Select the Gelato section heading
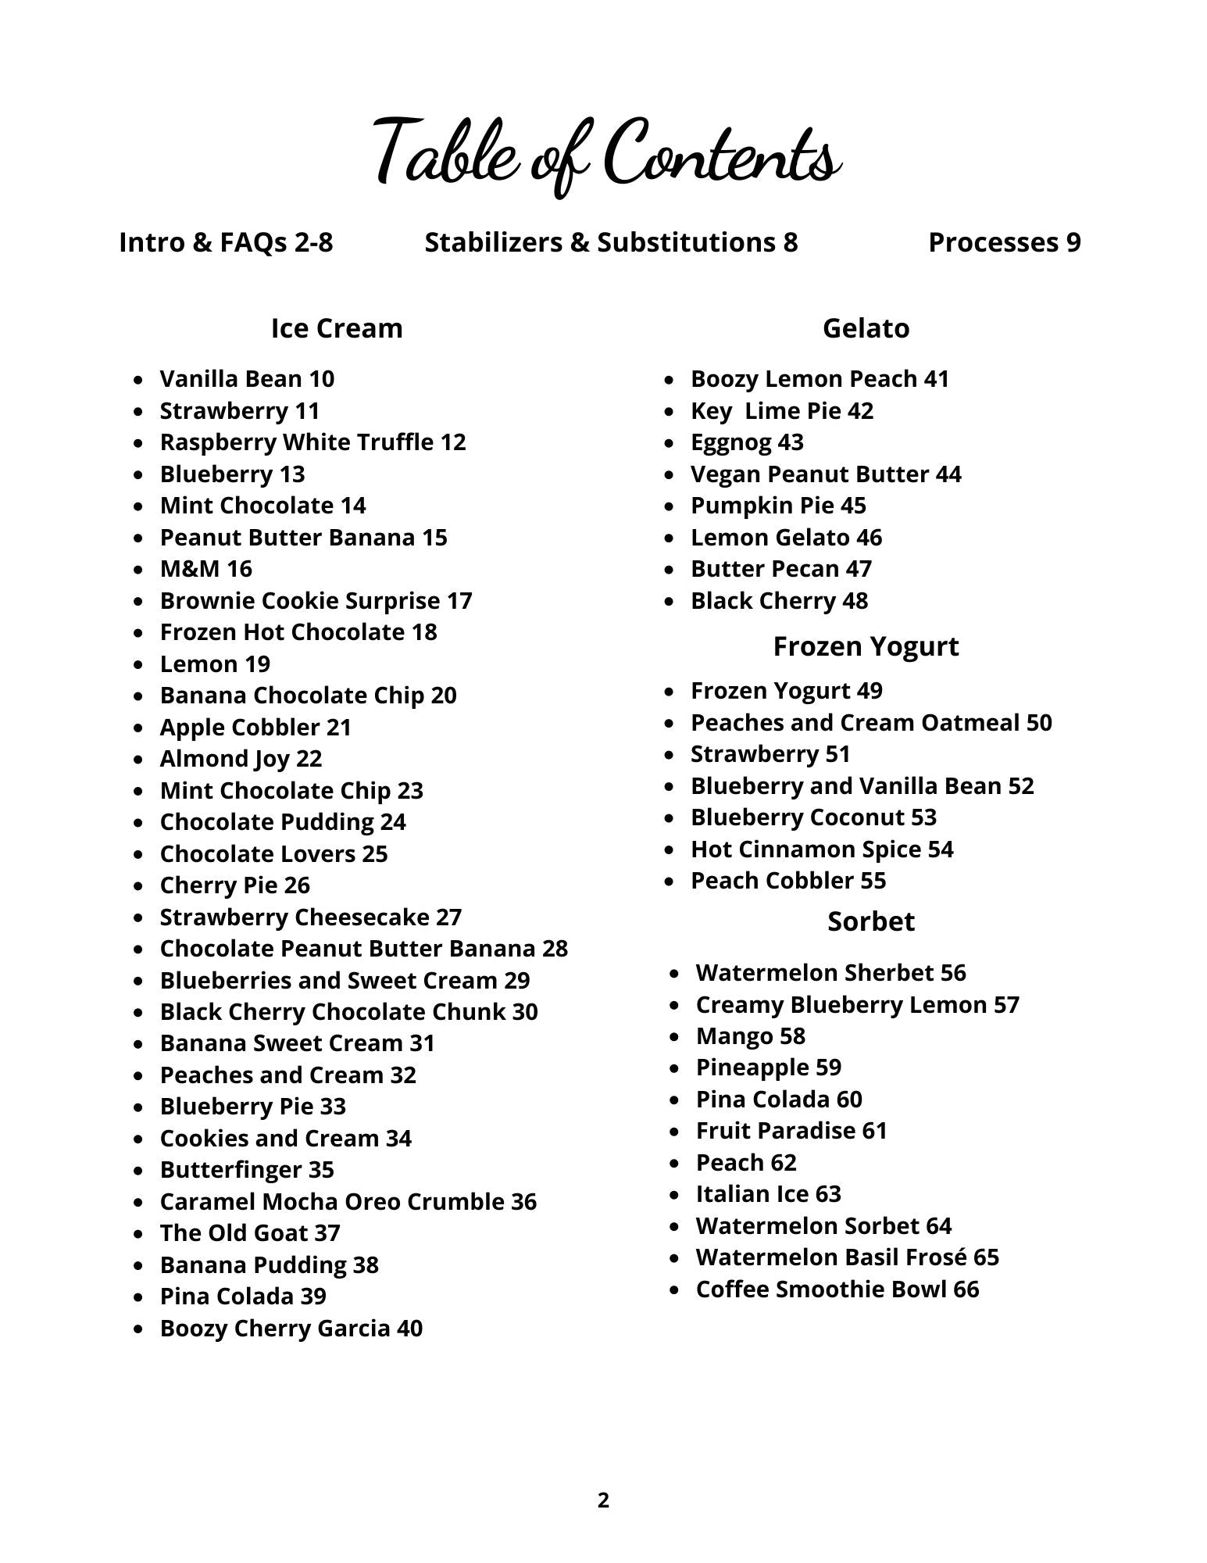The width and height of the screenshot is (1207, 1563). coord(866,328)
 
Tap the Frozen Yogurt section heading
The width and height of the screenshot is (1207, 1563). coord(866,646)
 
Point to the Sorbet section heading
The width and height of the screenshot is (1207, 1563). coord(870,921)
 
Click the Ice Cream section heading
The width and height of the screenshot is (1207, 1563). coord(337,328)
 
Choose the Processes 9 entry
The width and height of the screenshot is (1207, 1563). coord(1004,242)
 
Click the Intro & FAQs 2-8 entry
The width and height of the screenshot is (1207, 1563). coord(226,242)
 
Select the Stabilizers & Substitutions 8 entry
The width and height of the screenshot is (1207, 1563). coord(611,242)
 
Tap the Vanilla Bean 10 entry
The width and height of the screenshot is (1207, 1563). coord(247,379)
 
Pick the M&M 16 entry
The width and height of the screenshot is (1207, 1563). coord(206,569)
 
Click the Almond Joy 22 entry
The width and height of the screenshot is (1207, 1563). coord(241,759)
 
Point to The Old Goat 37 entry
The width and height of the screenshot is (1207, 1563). coord(250,1233)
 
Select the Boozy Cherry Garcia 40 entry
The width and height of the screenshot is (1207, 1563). coord(291,1329)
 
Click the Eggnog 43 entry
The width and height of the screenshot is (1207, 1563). coord(747,442)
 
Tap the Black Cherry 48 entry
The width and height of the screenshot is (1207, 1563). coord(779,601)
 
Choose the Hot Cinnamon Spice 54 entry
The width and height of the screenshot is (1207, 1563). coord(822,849)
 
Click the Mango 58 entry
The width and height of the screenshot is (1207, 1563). coord(750,1036)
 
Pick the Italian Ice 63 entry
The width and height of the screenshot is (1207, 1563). coord(768,1194)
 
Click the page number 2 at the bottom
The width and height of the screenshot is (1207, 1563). coord(603,1500)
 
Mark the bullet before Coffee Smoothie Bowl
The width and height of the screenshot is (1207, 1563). coord(676,1290)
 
